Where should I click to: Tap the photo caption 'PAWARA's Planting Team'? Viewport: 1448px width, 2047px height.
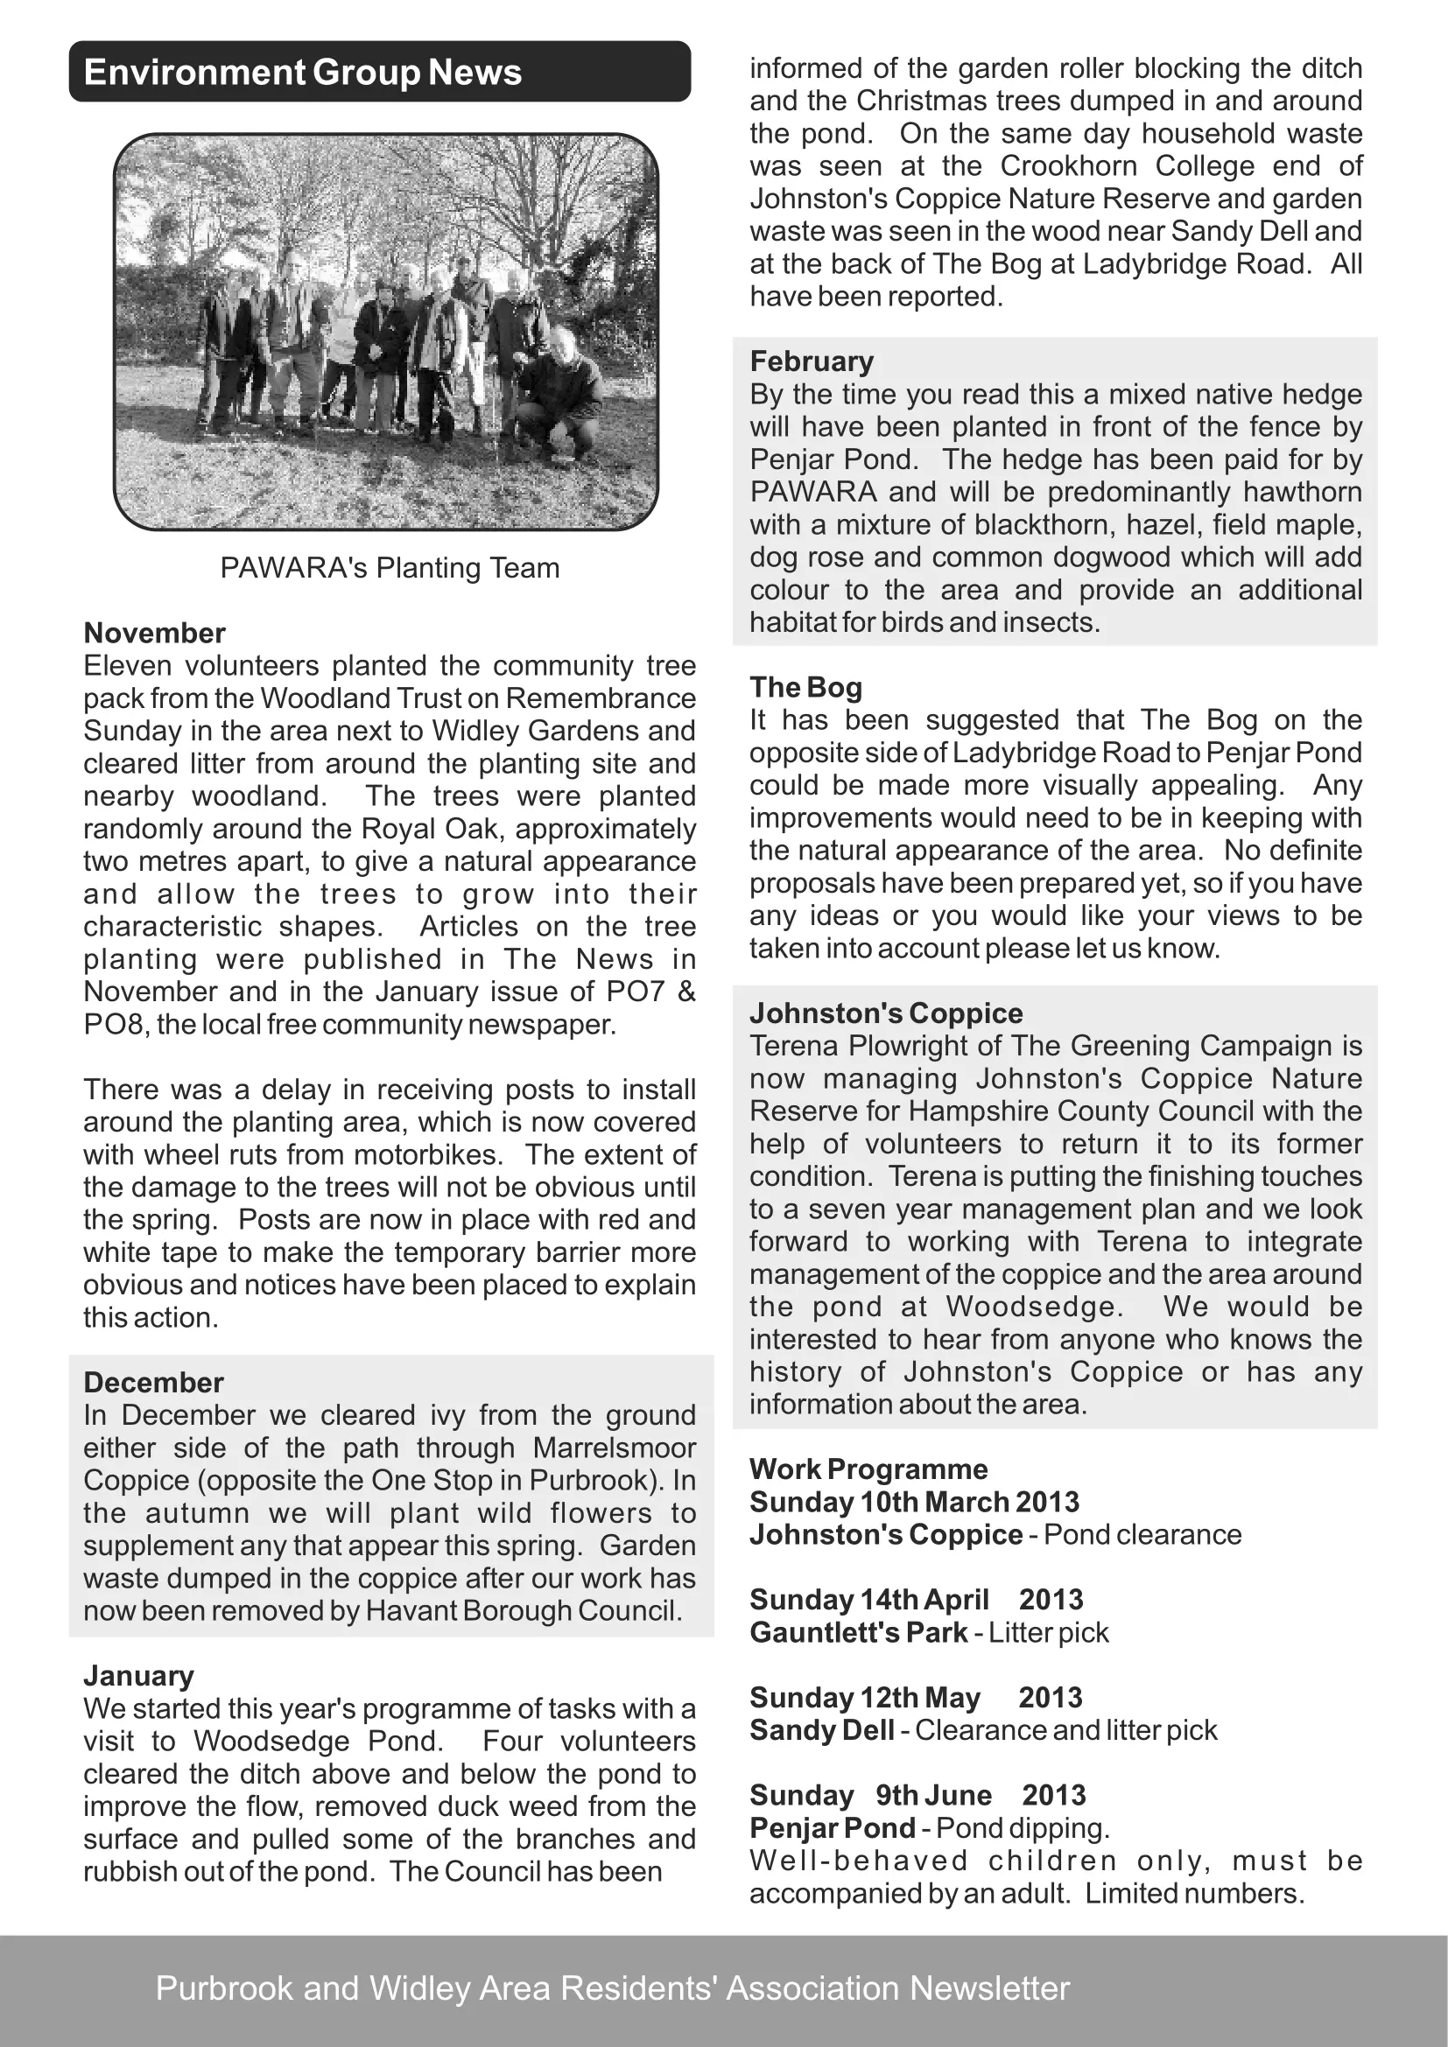(x=390, y=568)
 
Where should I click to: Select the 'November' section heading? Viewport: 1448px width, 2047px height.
(x=154, y=633)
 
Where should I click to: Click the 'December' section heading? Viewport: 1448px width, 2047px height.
(x=153, y=1383)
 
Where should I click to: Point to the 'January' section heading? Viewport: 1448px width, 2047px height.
(x=138, y=1676)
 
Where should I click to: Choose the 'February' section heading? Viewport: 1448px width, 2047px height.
(x=812, y=361)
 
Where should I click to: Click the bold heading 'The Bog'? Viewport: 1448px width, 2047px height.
(x=806, y=687)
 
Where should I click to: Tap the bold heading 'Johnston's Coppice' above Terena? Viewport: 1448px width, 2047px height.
(x=886, y=1013)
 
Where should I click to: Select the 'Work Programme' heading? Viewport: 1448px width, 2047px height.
(x=868, y=1469)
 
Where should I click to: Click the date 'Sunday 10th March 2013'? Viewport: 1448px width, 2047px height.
(x=914, y=1503)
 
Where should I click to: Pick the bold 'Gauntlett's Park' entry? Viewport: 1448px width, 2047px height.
(x=859, y=1632)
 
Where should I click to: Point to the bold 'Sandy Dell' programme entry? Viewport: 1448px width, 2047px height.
(x=822, y=1730)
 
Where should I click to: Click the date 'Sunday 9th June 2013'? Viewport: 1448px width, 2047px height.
(x=917, y=1796)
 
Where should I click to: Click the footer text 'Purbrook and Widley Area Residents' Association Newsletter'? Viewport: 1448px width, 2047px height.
(x=613, y=1988)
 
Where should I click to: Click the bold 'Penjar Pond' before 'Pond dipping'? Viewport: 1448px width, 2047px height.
(x=832, y=1828)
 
